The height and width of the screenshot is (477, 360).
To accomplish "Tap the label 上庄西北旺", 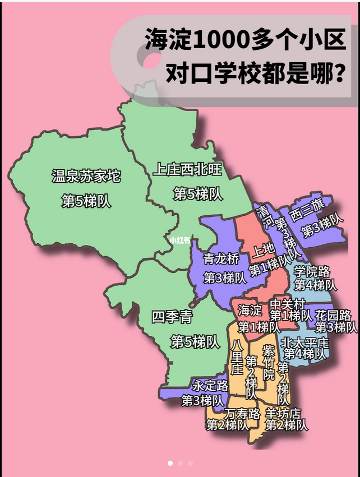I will pos(188,169).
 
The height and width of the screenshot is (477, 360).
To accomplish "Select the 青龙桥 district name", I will pos(221,258).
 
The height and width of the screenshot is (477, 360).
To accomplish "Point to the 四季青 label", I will pos(172,317).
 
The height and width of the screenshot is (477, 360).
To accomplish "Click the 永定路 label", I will pos(210,386).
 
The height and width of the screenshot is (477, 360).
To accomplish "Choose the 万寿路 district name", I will pos(242,414).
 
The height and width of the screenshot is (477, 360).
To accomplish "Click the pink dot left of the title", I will pos(151,61).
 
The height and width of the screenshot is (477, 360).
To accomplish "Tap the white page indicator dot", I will pos(170,464).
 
